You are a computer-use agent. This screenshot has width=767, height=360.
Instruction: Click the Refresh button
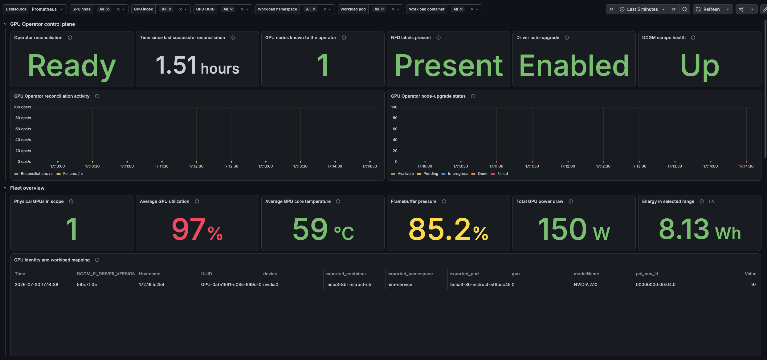point(708,9)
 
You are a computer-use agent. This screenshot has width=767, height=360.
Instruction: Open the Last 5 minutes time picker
point(643,9)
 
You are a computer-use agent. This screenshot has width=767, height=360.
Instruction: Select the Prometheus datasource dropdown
point(48,9)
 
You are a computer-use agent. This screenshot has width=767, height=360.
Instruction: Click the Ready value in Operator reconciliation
point(72,66)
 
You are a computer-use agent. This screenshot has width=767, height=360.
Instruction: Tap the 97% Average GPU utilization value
point(197,229)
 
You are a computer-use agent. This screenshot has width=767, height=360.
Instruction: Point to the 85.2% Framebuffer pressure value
point(448,229)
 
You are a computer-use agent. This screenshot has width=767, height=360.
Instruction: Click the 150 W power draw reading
point(574,229)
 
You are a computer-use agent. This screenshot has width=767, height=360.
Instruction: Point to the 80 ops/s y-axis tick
point(23,118)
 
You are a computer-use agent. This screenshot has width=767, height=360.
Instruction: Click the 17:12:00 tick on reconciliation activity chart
point(196,166)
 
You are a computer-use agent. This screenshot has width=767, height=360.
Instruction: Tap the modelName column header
point(586,274)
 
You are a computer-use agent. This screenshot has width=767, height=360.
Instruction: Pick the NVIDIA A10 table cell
point(585,285)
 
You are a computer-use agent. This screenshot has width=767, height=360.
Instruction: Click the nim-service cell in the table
point(400,285)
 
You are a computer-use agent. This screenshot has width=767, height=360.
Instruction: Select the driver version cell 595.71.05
point(87,285)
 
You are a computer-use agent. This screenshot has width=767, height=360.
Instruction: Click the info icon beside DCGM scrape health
point(693,38)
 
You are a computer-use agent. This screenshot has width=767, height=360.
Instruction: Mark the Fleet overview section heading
point(27,188)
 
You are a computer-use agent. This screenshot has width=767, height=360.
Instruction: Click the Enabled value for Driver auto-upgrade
point(574,66)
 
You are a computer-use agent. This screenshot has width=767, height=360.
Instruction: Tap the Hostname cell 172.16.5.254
point(152,285)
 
